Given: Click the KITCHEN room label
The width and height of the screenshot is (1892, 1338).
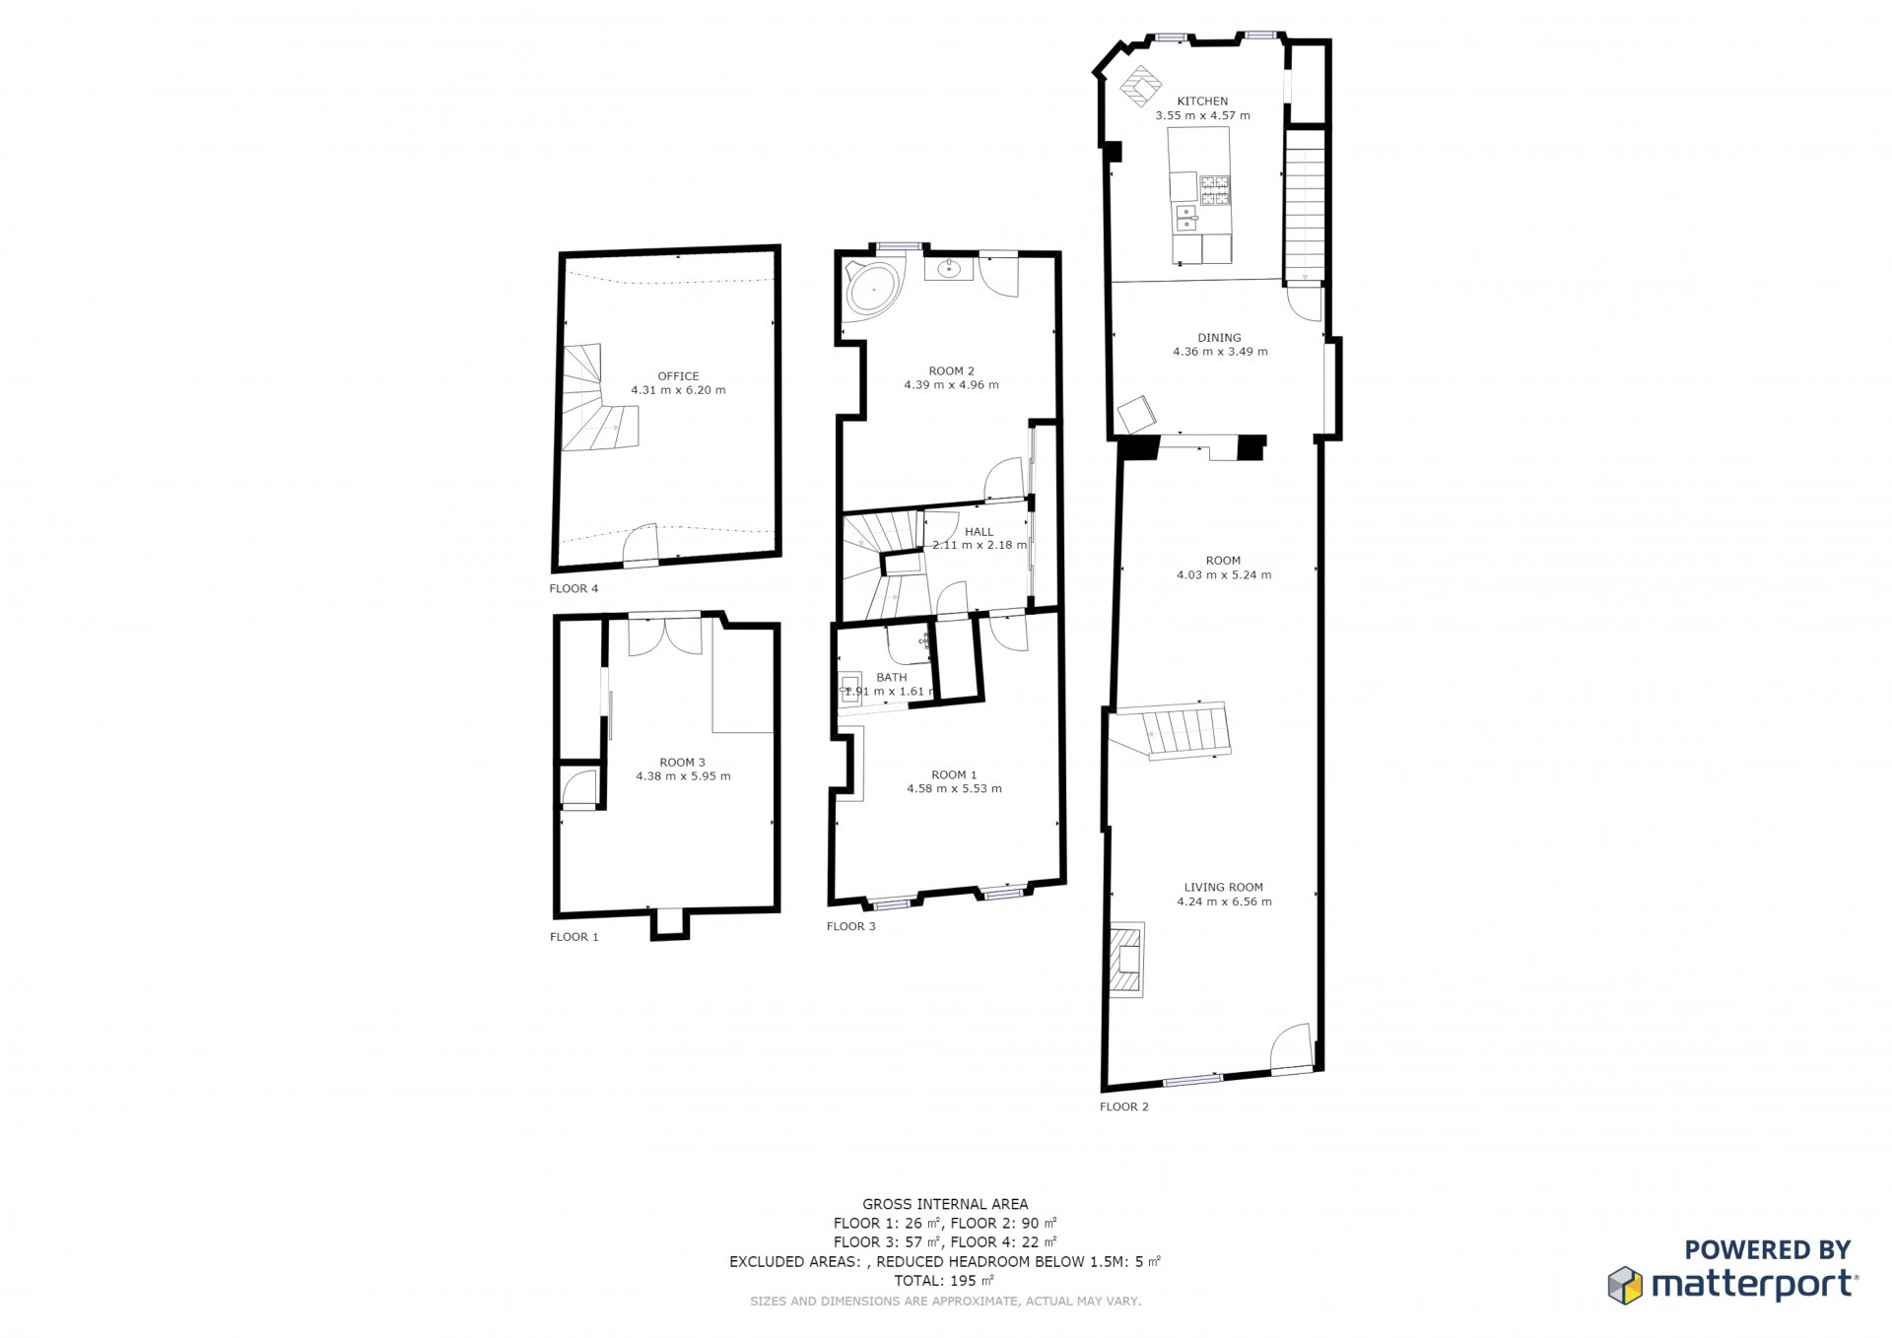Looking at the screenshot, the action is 1202,101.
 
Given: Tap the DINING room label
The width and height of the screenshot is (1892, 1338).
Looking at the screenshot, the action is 1219,338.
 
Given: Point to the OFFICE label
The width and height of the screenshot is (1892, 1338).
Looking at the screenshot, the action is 678,376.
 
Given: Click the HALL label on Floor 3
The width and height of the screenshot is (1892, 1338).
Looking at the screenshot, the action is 979,532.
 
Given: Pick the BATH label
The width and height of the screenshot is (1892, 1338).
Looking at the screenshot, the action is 891,678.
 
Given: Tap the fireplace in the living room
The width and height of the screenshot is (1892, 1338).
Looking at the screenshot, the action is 1126,961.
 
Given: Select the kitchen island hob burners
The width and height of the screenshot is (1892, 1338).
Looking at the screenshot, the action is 1215,190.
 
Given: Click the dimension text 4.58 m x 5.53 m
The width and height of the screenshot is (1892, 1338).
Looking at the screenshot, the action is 954,789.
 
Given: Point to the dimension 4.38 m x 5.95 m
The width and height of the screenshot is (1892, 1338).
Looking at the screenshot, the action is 683,776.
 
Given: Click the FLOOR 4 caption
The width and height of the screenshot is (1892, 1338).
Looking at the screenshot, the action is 574,589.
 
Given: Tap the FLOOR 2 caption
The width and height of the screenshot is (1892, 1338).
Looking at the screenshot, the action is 1124,1107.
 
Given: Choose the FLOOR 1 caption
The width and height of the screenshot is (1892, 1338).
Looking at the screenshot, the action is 574,937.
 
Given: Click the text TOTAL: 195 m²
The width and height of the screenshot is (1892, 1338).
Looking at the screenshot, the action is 944,1281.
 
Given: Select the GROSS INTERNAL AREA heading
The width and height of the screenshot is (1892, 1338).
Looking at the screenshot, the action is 945,1204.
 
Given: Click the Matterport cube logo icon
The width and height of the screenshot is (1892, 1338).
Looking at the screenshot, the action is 1625,1285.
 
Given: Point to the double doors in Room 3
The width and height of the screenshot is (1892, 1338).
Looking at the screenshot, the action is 665,636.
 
